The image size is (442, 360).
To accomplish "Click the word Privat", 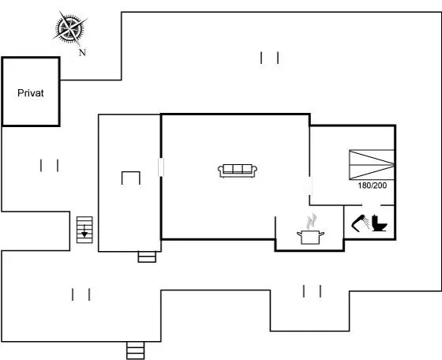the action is point(31,93).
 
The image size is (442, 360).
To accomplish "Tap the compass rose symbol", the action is point(70,28).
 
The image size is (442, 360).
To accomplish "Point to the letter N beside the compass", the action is point(82,52).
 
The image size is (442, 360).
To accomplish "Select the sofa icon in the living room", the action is point(238,171).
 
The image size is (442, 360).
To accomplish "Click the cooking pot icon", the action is point(310,237).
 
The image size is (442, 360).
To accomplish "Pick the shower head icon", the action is point(360,223).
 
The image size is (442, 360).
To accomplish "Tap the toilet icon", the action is point(380,223).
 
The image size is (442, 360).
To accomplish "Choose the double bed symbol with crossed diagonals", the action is point(372,165).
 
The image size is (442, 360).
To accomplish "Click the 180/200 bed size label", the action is point(372,186).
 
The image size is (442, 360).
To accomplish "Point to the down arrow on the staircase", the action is point(84,232).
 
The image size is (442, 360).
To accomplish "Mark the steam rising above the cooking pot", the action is point(312,222).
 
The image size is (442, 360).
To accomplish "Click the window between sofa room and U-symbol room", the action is point(161,167).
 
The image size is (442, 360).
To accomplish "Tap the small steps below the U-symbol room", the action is point(147,257).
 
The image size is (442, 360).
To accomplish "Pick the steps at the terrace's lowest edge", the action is point(135,351).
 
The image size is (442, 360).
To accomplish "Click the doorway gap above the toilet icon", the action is point(371,205).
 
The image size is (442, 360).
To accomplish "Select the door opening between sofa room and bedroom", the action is point(310,186).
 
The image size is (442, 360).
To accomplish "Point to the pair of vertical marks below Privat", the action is point(49,166).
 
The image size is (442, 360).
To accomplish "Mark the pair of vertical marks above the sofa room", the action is point(269,58).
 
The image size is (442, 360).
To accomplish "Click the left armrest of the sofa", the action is point(220,170).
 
